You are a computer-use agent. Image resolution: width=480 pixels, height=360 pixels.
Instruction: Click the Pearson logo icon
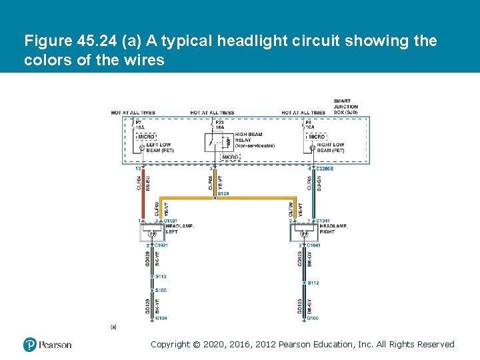30,345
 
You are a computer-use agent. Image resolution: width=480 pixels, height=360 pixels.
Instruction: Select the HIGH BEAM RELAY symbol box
217,143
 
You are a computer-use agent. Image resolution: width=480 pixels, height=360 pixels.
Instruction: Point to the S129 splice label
223,193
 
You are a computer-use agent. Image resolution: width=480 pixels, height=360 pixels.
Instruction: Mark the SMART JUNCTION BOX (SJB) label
345,107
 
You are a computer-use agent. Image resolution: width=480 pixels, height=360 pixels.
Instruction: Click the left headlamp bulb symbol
152,234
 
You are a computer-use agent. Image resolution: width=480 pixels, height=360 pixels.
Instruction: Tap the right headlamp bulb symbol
304,234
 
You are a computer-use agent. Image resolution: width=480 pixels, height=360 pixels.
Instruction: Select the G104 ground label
161,318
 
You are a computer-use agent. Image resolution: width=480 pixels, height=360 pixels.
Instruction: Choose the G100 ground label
313,318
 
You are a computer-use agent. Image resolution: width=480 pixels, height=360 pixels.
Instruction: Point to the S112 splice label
313,283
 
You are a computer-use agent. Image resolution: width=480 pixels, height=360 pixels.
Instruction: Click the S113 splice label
161,276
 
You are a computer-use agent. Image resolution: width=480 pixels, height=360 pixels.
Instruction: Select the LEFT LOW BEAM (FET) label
159,147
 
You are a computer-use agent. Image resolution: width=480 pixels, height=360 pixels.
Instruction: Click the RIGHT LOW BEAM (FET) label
330,147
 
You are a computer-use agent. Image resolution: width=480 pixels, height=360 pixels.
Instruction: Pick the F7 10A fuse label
139,125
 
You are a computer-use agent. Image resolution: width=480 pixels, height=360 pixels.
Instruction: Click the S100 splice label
161,290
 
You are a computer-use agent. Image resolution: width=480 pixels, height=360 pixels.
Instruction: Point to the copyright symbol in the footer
196,345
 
